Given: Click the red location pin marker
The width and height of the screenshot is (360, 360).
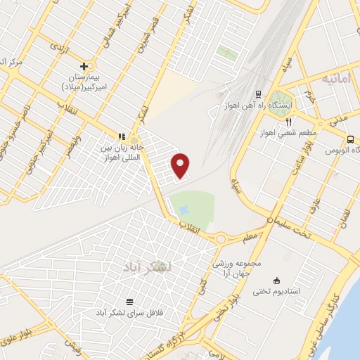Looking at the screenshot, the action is click(x=181, y=165).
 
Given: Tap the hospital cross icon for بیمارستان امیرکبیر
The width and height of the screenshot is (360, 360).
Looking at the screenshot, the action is click(x=84, y=65).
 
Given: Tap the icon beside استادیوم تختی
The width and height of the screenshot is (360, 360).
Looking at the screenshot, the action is click(x=276, y=279).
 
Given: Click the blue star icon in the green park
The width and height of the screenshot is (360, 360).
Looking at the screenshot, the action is click(x=184, y=210).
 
